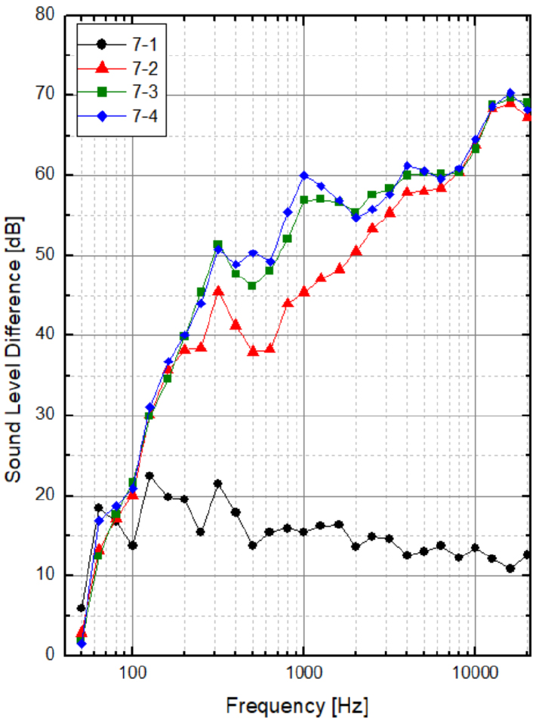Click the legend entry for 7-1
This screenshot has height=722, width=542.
tap(134, 43)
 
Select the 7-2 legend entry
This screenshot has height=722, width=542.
tap(134, 68)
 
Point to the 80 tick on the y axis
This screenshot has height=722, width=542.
tap(46, 14)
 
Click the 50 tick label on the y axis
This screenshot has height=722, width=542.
tap(46, 255)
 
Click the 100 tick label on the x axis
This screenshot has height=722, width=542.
tap(133, 673)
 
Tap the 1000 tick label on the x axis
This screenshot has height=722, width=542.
tap(303, 673)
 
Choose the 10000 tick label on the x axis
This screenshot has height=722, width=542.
tap(475, 673)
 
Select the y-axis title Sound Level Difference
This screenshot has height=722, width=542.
tap(14, 336)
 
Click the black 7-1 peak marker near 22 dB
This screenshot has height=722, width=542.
tap(149, 476)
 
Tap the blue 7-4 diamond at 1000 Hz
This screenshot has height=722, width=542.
tap(303, 176)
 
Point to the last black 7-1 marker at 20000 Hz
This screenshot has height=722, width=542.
tap(527, 555)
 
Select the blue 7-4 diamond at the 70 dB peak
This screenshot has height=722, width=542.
tap(510, 94)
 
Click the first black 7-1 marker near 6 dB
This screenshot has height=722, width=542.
tap(82, 607)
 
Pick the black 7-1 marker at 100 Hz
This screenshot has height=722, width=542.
tap(133, 545)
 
